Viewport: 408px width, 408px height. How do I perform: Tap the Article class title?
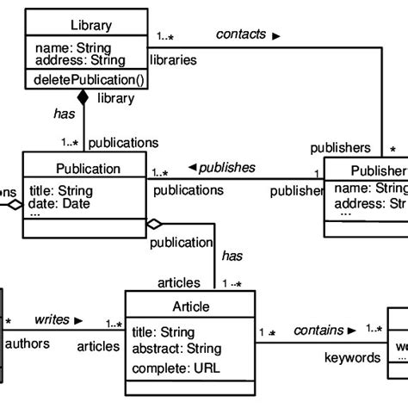tap(190, 306)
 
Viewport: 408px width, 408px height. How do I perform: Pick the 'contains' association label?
tap(318, 330)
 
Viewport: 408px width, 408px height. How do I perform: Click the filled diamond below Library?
tap(83, 98)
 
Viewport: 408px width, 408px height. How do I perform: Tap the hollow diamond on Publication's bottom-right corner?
tap(154, 225)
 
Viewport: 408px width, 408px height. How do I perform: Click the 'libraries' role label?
tap(173, 60)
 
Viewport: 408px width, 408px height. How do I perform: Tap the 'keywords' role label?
tap(351, 357)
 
